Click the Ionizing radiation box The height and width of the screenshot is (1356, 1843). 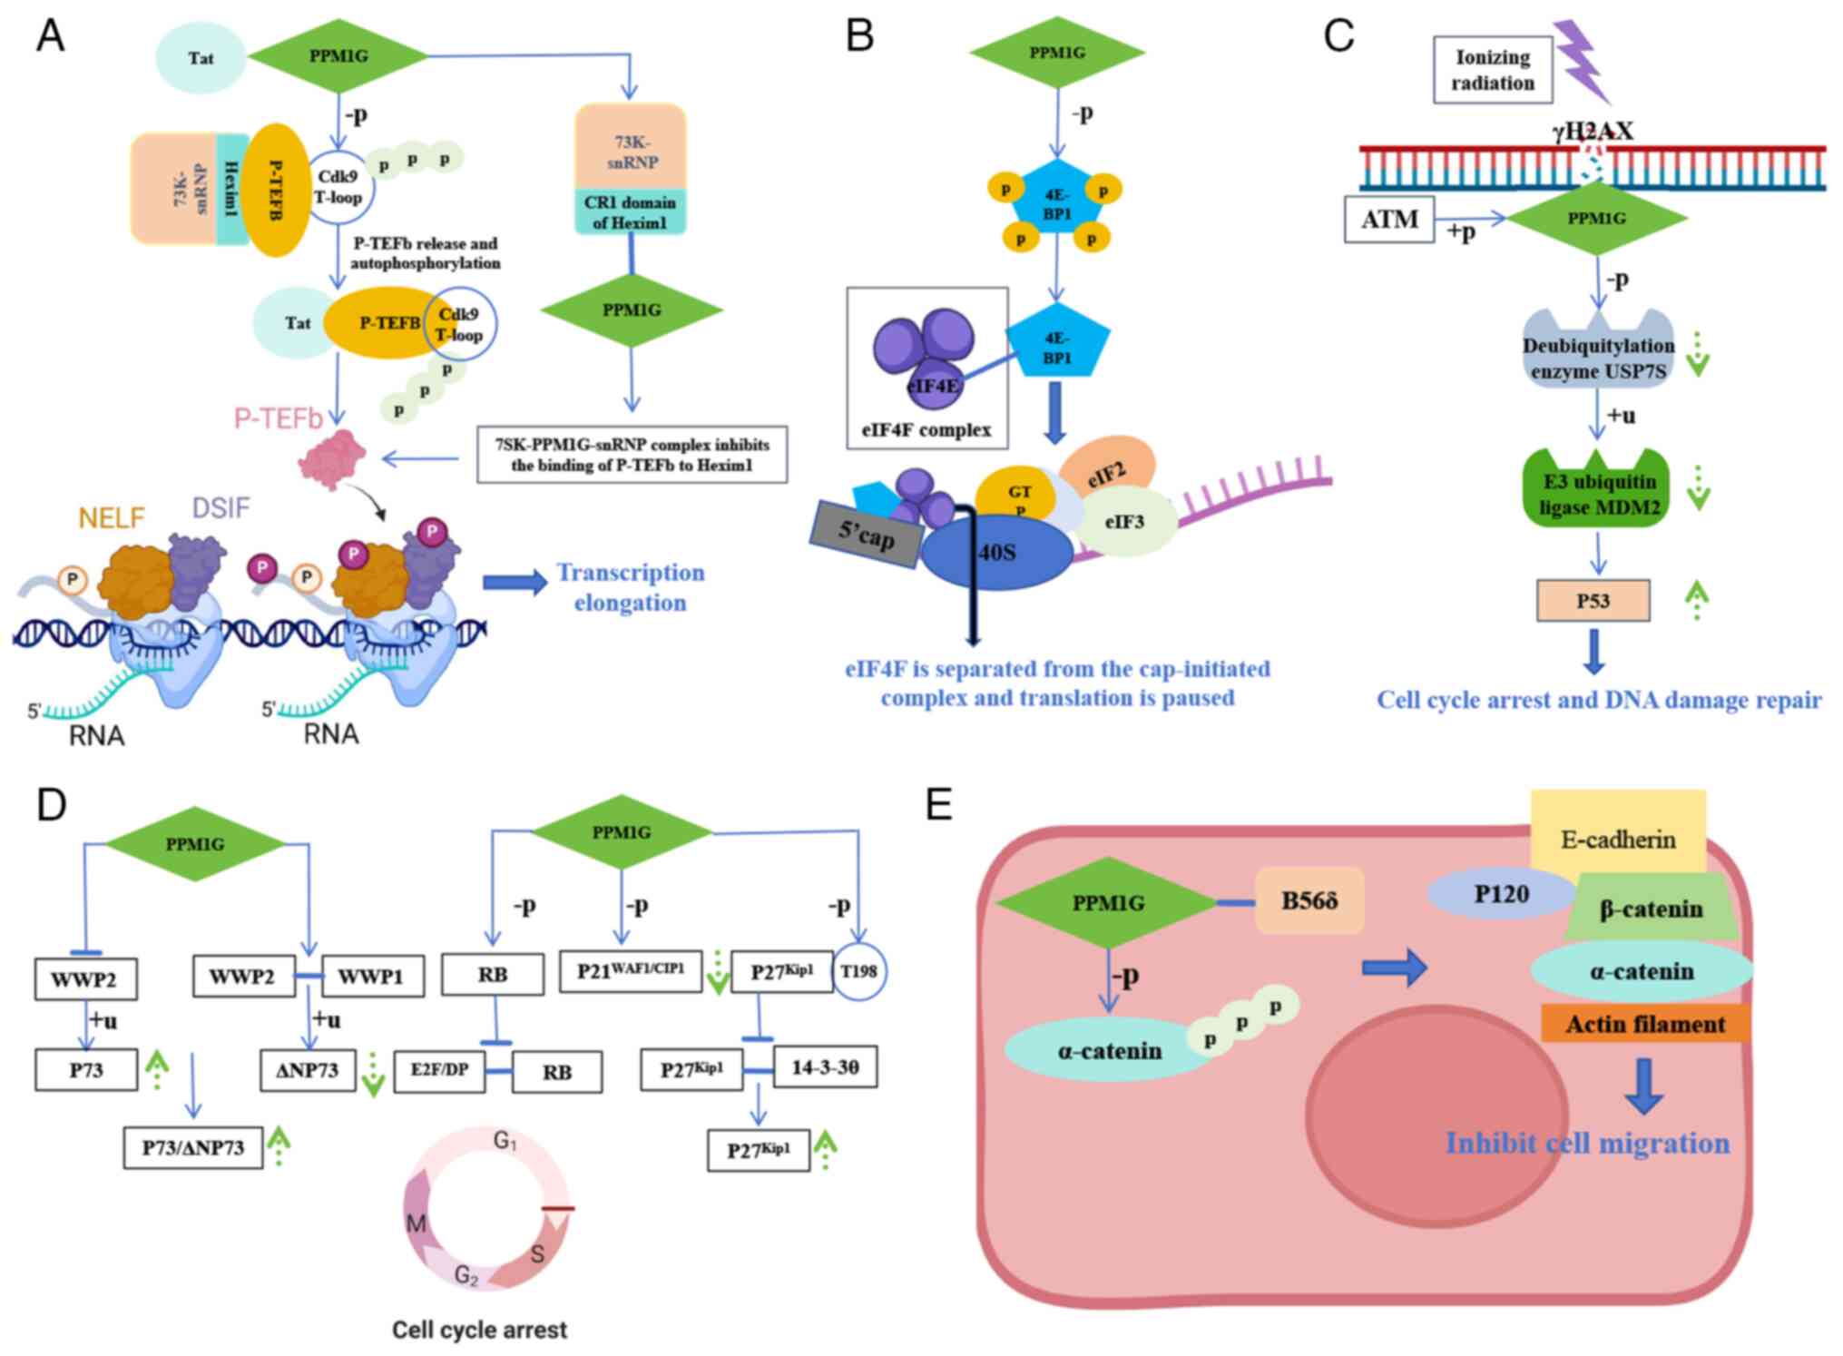click(1492, 70)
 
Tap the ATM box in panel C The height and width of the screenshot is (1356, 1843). click(1388, 220)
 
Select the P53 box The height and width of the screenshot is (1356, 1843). click(1593, 601)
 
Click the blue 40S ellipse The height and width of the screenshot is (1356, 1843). click(997, 552)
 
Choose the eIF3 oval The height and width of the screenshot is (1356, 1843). click(1124, 522)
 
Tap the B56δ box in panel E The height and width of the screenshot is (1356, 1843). click(1309, 900)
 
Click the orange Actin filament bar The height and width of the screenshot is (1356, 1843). click(1644, 1024)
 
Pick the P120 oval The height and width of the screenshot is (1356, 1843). click(1501, 894)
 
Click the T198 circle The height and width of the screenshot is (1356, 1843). click(858, 972)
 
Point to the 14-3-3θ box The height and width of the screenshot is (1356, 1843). click(824, 1067)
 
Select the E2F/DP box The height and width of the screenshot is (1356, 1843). click(439, 1071)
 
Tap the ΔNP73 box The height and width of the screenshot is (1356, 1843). click(308, 1071)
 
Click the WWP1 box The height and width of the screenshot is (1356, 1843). click(370, 978)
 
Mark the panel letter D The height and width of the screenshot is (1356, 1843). click(51, 804)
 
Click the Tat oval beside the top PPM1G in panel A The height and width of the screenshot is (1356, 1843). click(201, 58)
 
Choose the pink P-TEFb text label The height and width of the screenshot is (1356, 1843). click(278, 418)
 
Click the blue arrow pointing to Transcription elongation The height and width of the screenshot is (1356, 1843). click(515, 582)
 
